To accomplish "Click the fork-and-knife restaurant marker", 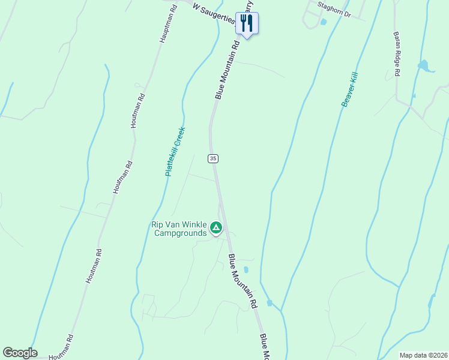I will [246, 23].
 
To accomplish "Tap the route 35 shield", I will [213, 158].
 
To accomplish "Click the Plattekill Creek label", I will [175, 152].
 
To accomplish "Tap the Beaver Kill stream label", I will [349, 89].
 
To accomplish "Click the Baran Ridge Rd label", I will [396, 54].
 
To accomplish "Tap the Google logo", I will [20, 353].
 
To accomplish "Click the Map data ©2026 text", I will [423, 355].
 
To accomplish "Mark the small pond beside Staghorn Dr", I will [324, 22].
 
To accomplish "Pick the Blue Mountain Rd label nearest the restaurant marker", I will [228, 70].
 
